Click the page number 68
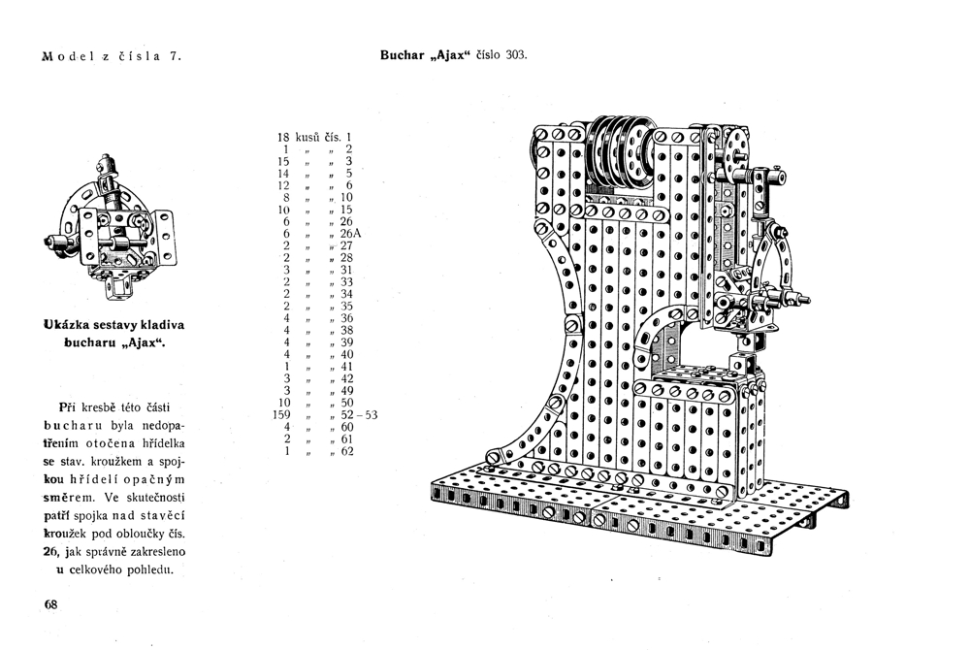click(x=51, y=603)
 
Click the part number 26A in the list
click(x=350, y=234)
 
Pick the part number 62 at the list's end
click(x=347, y=451)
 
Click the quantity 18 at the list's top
click(x=285, y=137)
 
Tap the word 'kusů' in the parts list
click(x=310, y=137)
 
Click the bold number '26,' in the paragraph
click(x=52, y=551)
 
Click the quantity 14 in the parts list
click(x=285, y=173)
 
